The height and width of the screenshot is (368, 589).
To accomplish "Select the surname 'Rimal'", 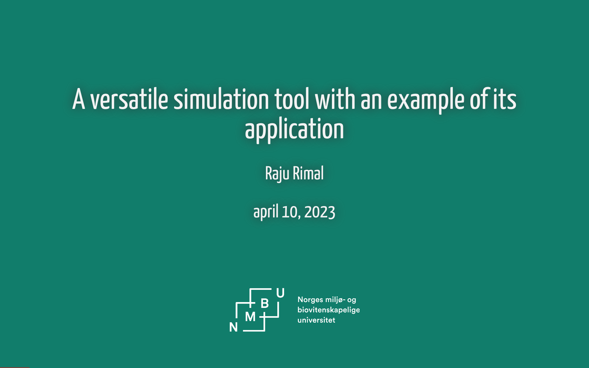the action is click(308, 173).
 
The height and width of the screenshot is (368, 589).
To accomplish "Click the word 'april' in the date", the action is click(266, 212).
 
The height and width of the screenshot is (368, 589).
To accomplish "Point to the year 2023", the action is click(320, 212).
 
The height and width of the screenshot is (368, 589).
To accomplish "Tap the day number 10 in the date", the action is click(290, 212).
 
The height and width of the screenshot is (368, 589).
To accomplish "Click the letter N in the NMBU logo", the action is click(233, 327).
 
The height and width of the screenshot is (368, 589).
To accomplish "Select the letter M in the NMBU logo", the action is click(250, 317).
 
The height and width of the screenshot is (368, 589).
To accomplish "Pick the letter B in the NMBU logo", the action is click(264, 304).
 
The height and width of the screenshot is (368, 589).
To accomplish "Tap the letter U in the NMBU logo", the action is click(280, 293).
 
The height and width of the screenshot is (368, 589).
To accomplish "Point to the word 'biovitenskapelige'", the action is click(329, 310).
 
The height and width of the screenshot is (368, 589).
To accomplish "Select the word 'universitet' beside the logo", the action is click(316, 320).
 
